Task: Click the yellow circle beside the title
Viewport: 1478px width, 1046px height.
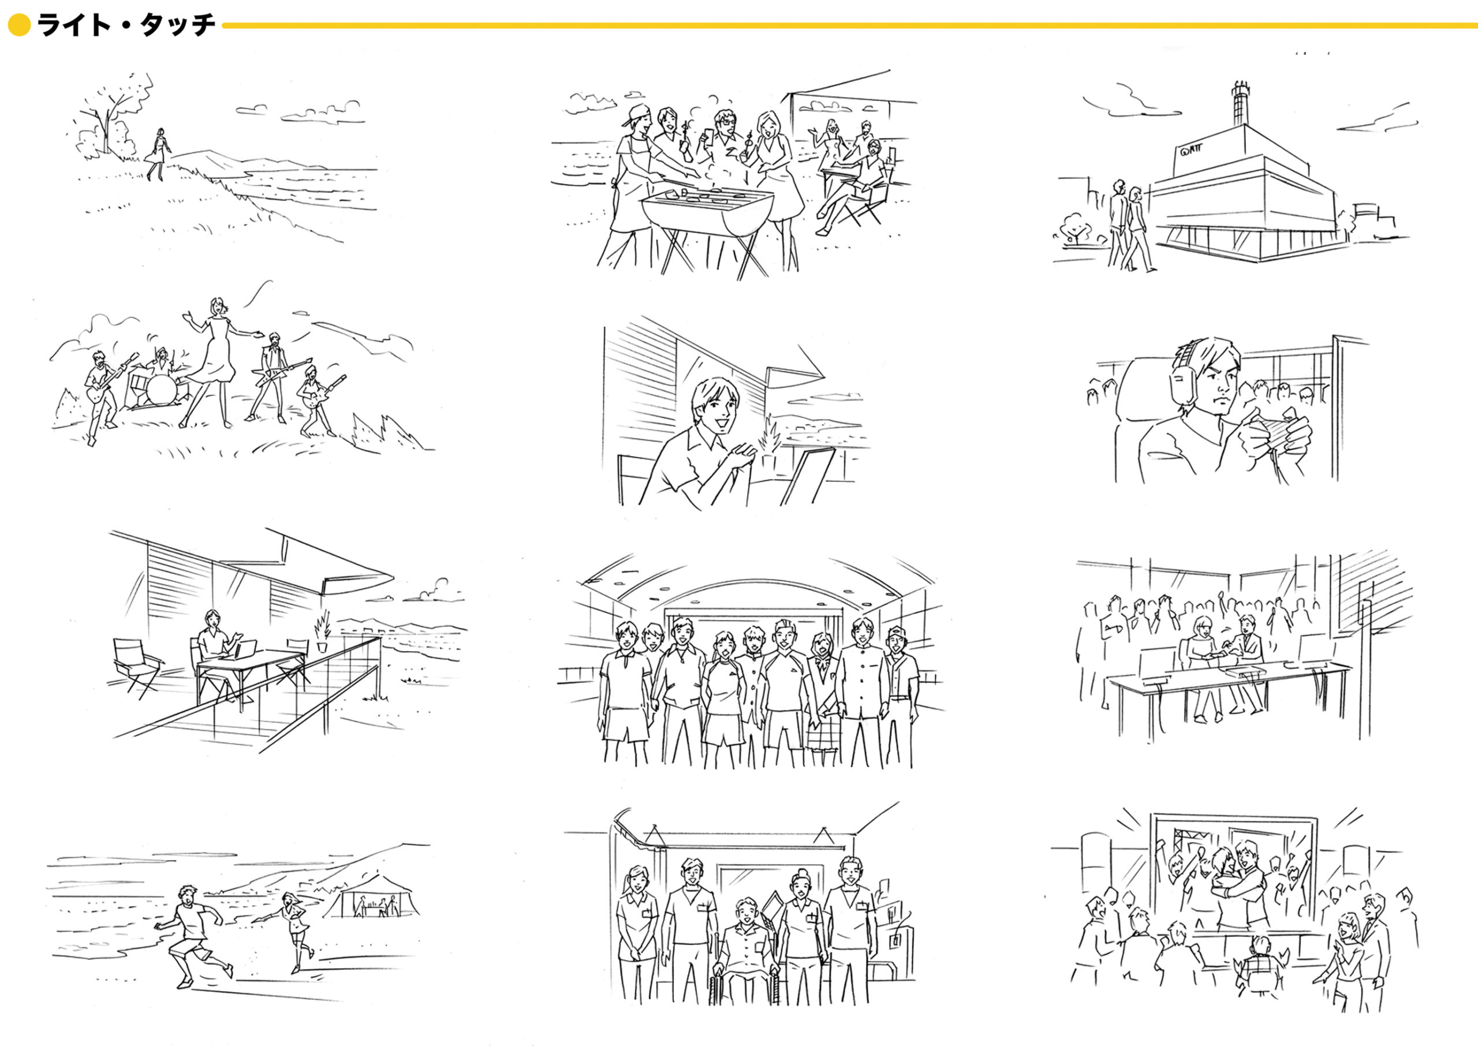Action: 19,26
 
